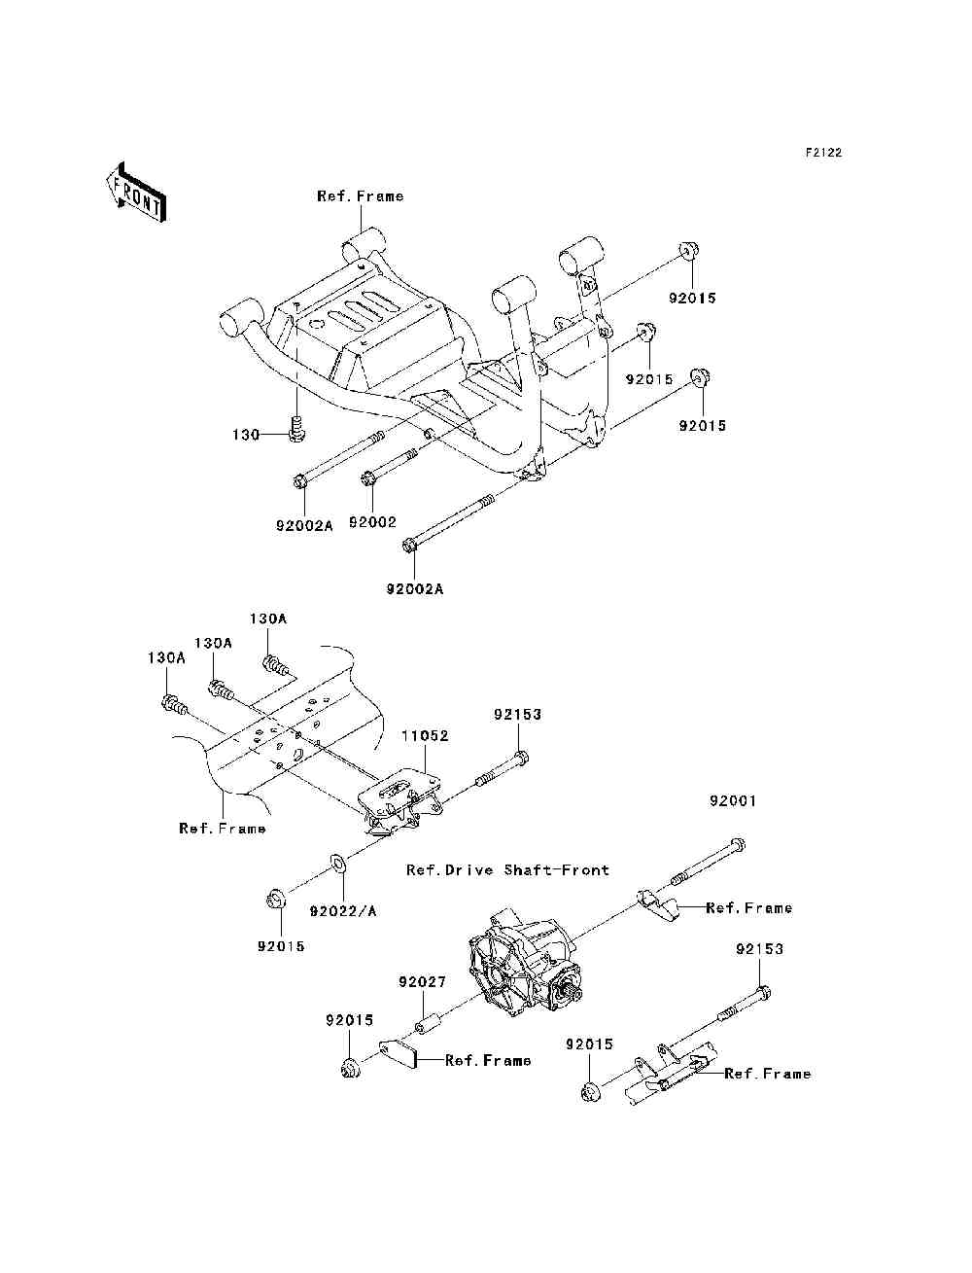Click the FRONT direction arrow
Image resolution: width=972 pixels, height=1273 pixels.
tap(137, 192)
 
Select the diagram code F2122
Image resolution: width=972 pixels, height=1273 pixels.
tap(823, 153)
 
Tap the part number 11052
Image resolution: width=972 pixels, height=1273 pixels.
tap(425, 735)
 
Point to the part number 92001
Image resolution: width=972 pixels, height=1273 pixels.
tap(733, 801)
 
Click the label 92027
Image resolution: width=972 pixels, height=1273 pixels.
tap(422, 982)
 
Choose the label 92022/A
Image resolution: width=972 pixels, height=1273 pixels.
tap(343, 911)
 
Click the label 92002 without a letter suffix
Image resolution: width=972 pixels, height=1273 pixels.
tap(372, 522)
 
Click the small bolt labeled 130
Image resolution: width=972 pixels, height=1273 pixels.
tap(296, 429)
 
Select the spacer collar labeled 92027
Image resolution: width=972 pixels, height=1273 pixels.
tap(430, 1026)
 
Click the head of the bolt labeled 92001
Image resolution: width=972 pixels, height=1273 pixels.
tap(737, 844)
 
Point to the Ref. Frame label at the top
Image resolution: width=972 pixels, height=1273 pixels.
tap(360, 196)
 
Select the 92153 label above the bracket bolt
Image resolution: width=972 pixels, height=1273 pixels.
tap(517, 715)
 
